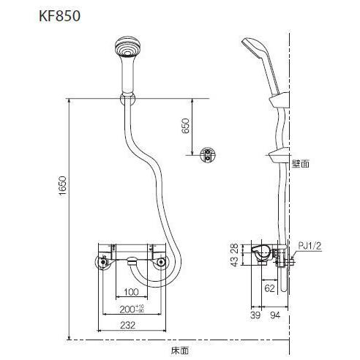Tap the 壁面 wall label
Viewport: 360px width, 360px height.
tap(301, 164)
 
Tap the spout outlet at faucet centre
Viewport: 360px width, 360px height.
tap(130, 260)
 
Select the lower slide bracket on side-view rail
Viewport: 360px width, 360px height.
tap(277, 155)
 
